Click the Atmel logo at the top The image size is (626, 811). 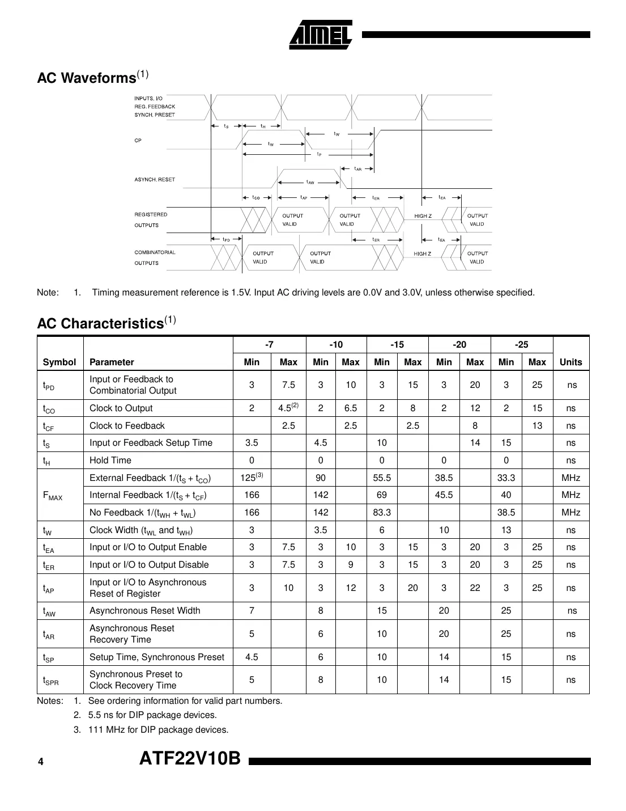pos(321,35)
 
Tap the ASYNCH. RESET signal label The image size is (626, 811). pos(155,180)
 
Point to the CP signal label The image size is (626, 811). pos(138,140)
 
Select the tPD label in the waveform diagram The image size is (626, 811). pos(225,240)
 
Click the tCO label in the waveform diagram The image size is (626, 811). pos(256,198)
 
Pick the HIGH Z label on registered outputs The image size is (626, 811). pos(423,216)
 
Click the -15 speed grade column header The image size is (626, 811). pos(397,345)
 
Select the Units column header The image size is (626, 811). pos(570,362)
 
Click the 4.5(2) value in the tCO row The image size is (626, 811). pos(288,408)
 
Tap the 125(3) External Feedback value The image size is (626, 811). pos(252,478)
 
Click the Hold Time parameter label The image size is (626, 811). pos(110,460)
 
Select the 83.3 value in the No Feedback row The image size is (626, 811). pos(382,512)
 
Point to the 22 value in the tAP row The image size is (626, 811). pos(475,588)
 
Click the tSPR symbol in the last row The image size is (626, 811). pos(51,680)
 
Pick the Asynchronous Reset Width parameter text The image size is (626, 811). pos(145,610)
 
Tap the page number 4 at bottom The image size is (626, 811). pos(40,762)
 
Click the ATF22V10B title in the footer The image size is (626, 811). pos(190,758)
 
